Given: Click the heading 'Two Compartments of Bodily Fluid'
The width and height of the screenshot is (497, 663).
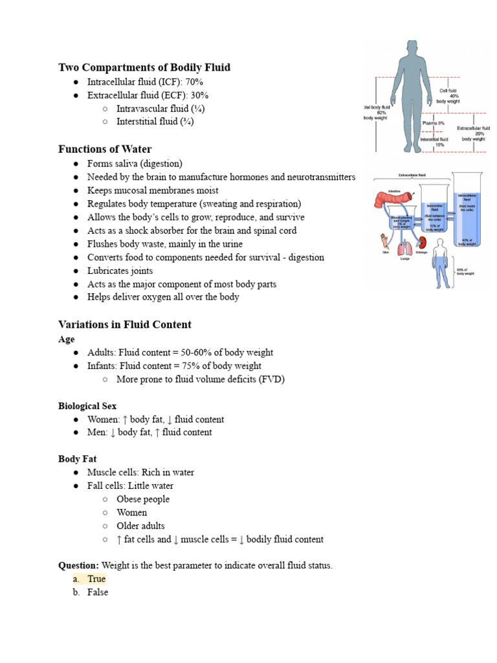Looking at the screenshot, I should point(144,67).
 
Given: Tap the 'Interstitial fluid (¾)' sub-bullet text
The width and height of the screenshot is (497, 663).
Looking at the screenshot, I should point(155,122).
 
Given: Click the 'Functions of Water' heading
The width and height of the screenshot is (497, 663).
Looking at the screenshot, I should point(105,149).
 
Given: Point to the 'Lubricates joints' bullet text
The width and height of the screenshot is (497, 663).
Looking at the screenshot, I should point(120,271).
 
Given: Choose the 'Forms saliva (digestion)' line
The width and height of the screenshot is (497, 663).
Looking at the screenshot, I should point(135,164).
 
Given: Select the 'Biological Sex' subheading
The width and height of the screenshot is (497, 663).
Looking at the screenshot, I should point(87,406).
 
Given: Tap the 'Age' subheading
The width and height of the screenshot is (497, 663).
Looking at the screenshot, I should point(67,339).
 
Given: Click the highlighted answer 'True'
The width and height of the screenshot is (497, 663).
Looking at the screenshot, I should point(96,579).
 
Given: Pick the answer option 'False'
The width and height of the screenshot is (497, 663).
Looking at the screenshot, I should point(98,592).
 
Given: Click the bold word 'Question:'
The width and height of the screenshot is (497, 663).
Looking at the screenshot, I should point(78,565).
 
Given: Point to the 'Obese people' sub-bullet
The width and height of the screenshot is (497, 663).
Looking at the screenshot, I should point(143,499).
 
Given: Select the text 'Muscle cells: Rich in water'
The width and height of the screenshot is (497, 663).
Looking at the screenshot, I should point(140,472).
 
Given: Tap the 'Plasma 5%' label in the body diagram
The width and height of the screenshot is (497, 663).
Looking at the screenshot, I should point(433,122).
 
